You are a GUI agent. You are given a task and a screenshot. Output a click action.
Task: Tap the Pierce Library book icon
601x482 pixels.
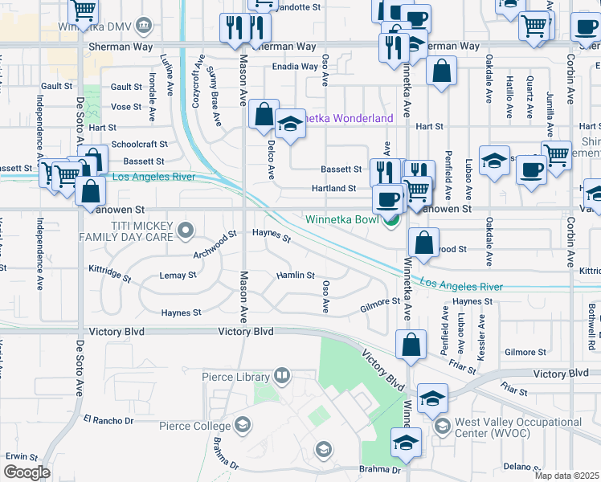[x=282, y=375]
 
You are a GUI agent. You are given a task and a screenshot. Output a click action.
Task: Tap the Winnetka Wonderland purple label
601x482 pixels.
[x=345, y=119]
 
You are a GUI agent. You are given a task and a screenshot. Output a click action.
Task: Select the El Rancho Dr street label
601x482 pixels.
[x=108, y=420]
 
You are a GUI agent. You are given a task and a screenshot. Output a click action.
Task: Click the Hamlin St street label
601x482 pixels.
[x=295, y=276]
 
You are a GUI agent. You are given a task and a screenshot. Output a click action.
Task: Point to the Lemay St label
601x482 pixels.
[x=178, y=276]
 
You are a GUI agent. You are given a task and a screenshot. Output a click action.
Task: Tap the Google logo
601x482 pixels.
[x=27, y=472]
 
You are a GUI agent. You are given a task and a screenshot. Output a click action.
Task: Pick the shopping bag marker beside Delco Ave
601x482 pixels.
[x=264, y=114]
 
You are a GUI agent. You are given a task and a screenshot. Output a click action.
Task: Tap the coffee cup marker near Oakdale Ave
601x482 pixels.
[x=531, y=170]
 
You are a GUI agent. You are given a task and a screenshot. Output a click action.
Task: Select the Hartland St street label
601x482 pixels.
[x=333, y=189]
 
